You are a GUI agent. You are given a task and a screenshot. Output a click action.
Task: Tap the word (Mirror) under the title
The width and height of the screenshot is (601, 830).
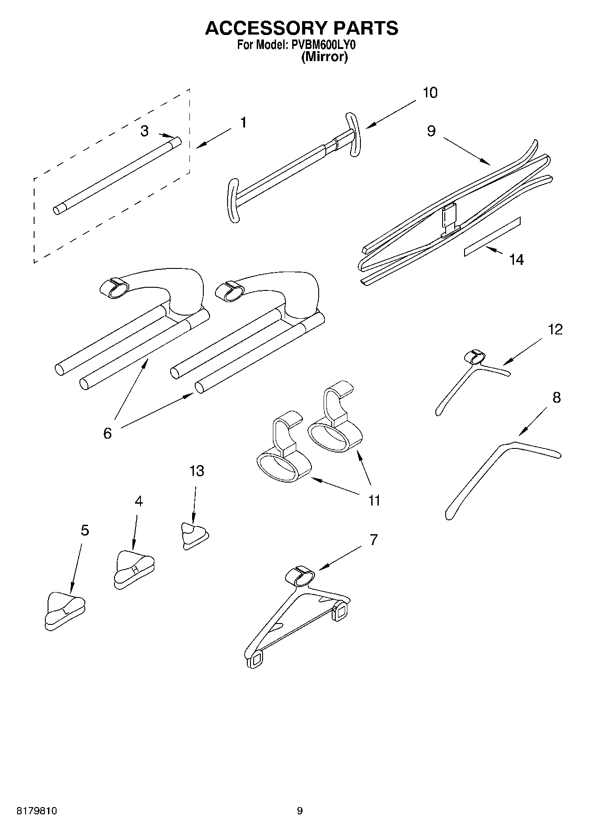(324, 57)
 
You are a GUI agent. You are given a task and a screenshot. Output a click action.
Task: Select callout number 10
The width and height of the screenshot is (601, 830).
(430, 92)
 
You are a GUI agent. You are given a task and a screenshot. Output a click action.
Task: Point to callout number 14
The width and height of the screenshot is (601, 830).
(516, 259)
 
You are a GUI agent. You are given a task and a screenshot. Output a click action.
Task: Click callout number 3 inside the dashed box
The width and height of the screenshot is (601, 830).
(144, 131)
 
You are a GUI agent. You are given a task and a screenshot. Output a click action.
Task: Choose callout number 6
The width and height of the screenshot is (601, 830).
(107, 433)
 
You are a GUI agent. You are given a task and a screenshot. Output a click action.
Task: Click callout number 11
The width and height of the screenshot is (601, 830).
(374, 500)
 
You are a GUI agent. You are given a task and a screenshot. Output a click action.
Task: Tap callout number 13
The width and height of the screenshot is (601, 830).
(197, 471)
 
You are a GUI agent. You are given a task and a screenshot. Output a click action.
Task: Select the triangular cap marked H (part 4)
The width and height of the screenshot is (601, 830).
(134, 568)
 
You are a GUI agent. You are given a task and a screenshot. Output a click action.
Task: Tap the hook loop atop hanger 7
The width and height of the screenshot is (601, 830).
(300, 575)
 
